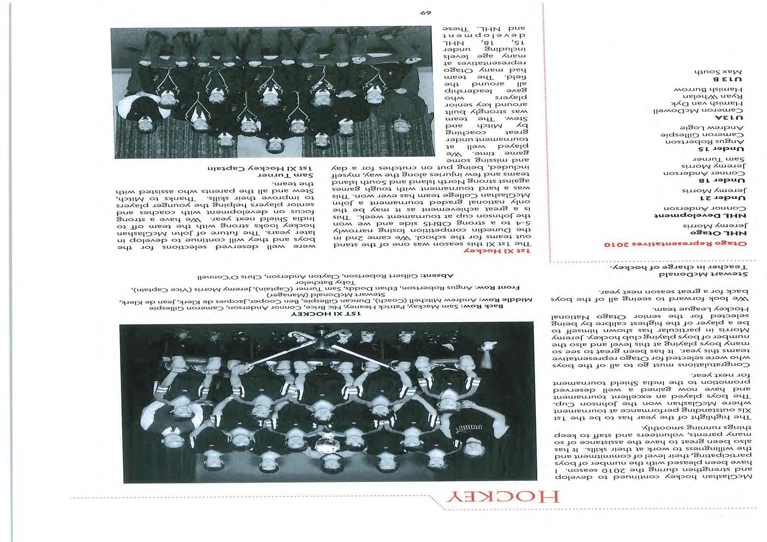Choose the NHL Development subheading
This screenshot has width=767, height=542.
click(x=700, y=215)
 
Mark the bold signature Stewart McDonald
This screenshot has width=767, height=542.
click(x=704, y=274)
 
